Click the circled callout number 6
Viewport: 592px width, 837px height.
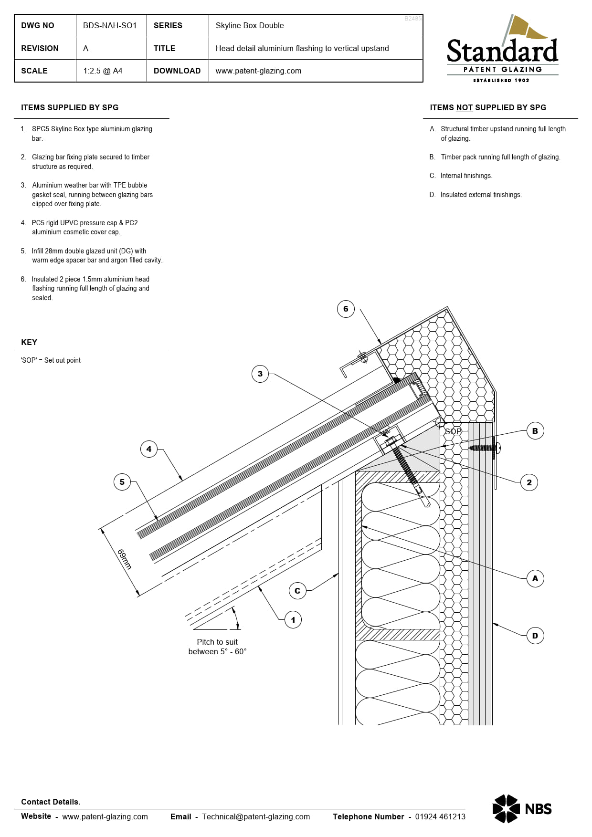coord(346,309)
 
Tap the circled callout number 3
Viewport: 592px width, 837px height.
coord(260,374)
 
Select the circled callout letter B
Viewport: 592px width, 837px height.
coord(535,431)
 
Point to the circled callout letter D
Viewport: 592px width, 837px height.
coord(535,636)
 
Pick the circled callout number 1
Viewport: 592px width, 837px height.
coord(293,620)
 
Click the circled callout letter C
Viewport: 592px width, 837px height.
coord(297,591)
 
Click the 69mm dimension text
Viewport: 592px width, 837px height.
coord(124,559)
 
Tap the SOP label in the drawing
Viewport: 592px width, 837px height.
coord(453,431)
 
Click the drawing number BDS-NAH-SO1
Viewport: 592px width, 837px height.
coord(110,25)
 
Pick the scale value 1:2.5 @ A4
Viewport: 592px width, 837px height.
coord(103,71)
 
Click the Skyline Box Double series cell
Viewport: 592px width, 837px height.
coord(250,25)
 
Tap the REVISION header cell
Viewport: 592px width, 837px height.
coord(40,48)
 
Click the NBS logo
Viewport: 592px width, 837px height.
coord(522,809)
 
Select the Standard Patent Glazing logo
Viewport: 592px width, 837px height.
coord(502,50)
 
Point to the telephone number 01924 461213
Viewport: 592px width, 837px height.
coord(440,816)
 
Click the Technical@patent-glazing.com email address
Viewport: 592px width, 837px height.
coord(255,816)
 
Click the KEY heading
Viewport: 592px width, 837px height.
coord(29,342)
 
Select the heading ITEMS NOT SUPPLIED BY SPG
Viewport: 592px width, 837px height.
coord(488,107)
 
